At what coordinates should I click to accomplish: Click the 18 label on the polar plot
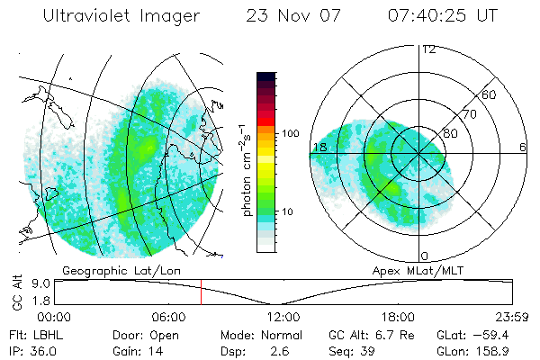pyautogui.click(x=319, y=147)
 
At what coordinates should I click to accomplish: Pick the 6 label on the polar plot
pyautogui.click(x=523, y=147)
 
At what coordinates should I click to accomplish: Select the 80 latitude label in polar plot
pyautogui.click(x=450, y=133)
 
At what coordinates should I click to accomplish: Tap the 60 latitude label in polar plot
pyautogui.click(x=490, y=94)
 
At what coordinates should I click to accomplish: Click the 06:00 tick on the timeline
pyautogui.click(x=168, y=317)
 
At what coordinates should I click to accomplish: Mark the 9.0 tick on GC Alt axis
pyautogui.click(x=40, y=283)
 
